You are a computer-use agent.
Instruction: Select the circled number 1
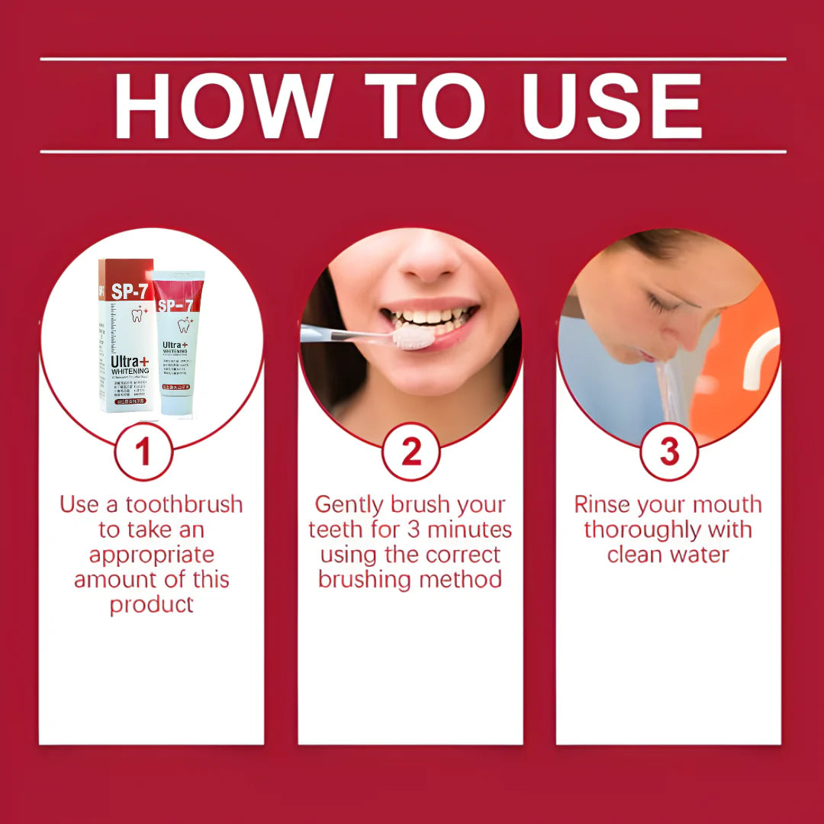(143, 452)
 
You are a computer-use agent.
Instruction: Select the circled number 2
(410, 452)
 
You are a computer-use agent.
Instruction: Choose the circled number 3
(669, 452)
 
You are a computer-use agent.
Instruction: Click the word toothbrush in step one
(184, 505)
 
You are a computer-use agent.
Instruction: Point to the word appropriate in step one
(151, 555)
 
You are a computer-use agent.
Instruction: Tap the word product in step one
(151, 605)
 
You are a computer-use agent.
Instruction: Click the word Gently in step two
(349, 505)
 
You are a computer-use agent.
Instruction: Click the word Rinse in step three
(604, 505)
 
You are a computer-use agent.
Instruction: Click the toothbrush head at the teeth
(413, 336)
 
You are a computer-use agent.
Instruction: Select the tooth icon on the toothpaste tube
(184, 326)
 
